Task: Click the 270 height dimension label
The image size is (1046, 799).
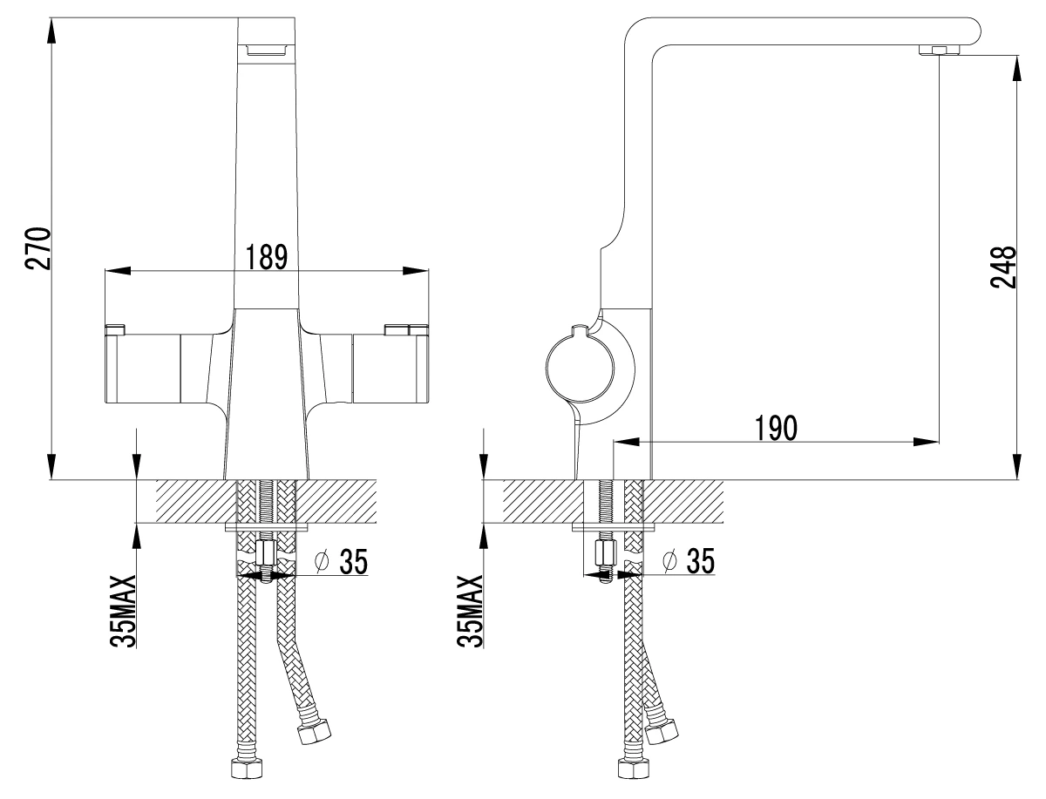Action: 38,248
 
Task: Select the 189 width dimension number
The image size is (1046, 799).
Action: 267,257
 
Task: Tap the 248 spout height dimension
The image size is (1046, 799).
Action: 1003,267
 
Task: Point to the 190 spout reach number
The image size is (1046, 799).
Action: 776,427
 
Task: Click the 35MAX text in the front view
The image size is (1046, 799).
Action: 123,611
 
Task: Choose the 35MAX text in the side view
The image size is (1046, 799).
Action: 470,611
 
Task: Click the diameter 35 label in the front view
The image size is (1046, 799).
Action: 343,561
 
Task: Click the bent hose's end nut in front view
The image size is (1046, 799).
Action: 315,735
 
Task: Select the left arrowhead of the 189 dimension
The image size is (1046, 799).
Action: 117,271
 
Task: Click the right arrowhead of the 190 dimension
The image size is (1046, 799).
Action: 927,442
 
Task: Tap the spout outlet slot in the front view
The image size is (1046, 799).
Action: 266,49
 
